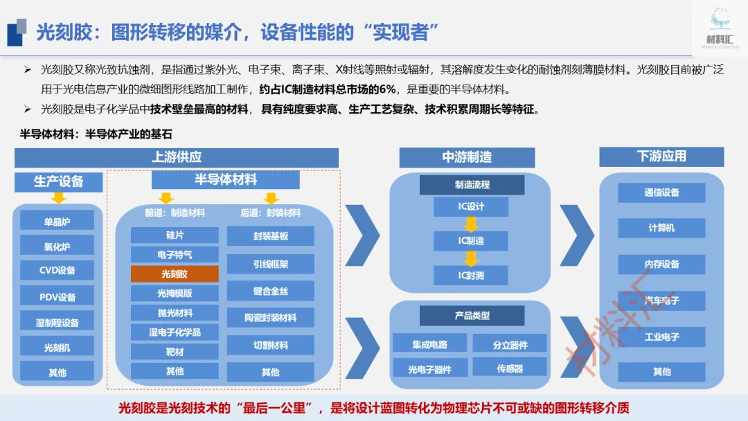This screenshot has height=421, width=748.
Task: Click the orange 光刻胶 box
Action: tap(175, 274)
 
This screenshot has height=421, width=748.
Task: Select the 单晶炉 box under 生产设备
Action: tap(57, 222)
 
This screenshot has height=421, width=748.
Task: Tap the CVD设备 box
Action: tap(57, 270)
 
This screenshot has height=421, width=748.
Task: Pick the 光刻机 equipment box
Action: tap(57, 347)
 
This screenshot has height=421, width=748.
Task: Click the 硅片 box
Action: tap(175, 235)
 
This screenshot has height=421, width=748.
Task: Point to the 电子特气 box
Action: tap(175, 255)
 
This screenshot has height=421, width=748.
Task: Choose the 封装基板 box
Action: tap(270, 236)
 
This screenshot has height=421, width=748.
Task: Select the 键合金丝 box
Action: tap(270, 292)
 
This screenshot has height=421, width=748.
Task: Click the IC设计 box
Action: tap(471, 206)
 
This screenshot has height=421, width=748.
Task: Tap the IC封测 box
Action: tap(471, 276)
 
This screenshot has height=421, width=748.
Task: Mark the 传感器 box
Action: tap(510, 368)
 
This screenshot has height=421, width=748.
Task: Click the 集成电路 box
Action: tap(429, 344)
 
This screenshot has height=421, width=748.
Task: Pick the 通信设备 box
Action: tap(661, 192)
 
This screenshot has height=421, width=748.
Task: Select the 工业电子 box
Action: tap(661, 337)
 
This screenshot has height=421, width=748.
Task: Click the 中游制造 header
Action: tap(467, 157)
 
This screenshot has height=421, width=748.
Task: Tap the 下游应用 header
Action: tap(661, 156)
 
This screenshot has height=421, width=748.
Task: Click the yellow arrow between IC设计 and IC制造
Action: tap(471, 224)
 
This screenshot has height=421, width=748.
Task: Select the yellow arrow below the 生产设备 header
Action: tap(59, 198)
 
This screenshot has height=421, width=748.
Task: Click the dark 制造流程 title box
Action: tap(472, 185)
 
